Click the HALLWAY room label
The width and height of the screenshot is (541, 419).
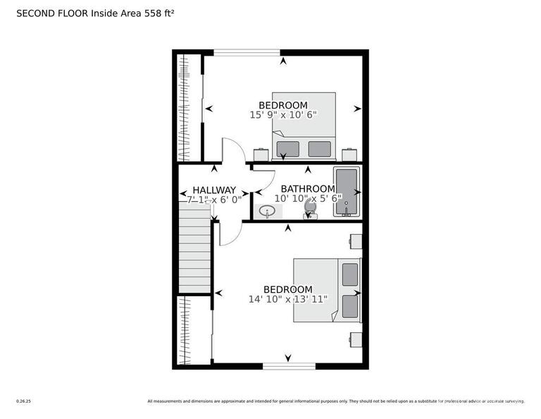[214, 190]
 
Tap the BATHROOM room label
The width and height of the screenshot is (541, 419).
[308, 189]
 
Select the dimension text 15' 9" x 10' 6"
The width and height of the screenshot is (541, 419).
[283, 114]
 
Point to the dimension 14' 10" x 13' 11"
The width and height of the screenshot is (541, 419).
[287, 299]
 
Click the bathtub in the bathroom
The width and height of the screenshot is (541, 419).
[347, 192]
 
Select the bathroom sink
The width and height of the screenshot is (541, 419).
[268, 211]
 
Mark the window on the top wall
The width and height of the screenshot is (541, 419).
[247, 51]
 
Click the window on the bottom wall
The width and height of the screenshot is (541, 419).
[289, 365]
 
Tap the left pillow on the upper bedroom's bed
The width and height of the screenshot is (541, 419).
[287, 149]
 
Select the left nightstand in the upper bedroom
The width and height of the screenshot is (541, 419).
[261, 154]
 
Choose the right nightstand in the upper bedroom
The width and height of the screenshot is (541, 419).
[349, 154]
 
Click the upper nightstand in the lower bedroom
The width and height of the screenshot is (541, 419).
[356, 242]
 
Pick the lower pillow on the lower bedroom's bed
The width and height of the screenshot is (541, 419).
[350, 306]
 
